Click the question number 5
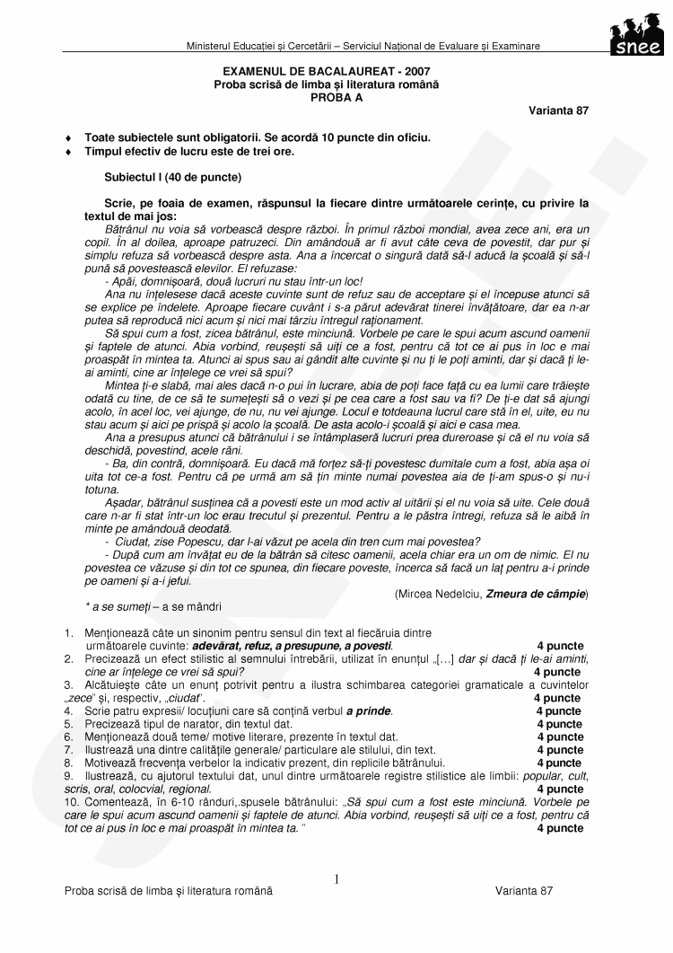point(68,724)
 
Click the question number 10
point(71,801)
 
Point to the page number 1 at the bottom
point(336,878)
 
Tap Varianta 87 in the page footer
point(524,890)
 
